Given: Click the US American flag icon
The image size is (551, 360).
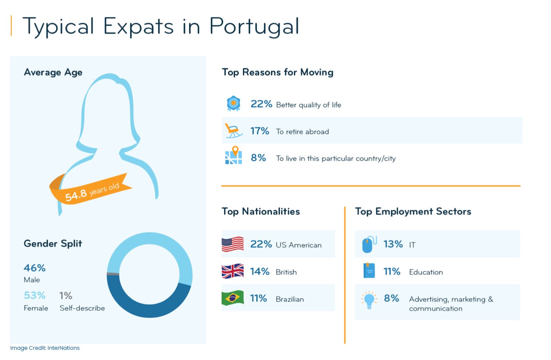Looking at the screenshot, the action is pos(232,244).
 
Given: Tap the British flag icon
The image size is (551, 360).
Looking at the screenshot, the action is pos(232,271).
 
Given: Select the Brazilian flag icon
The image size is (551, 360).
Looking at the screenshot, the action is pos(232,298).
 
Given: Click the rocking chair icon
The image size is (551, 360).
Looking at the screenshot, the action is pos(233,131).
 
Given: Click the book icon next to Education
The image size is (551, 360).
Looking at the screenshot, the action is pos(369,271).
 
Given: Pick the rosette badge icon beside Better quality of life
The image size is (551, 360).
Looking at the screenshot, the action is pos(233,103).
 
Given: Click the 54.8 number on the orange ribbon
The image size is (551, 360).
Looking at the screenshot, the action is pos(76,196).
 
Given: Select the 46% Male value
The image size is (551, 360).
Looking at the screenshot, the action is pos(35,268).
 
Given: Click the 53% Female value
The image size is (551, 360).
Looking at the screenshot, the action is pos(35,295).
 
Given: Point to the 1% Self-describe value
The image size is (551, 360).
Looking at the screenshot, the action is pos(66,295).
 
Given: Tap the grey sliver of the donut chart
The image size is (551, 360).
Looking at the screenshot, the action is pos(113,274).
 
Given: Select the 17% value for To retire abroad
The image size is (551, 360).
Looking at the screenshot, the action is pos(260,131).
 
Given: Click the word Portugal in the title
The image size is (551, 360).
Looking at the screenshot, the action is pos(254,27).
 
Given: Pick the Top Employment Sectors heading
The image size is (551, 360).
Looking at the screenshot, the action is pos(413,211).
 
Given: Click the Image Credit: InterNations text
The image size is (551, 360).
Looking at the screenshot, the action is pos(45,348).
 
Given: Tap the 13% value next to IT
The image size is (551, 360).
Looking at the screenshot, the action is pos(393,244).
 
